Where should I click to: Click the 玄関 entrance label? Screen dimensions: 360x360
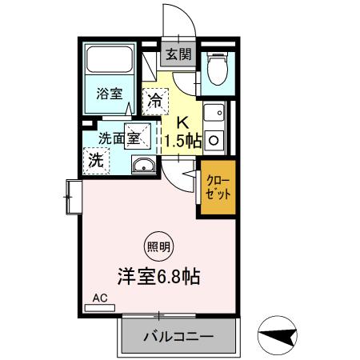178,55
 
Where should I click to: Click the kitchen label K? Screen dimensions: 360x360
182,122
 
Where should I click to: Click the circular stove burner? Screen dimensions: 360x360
214,139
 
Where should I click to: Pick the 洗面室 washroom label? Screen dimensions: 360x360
118,137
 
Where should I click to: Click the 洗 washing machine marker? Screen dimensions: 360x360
95,158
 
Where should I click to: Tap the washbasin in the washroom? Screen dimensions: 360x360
145,165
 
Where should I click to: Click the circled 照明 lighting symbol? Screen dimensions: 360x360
158,246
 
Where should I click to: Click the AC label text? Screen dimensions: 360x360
100,298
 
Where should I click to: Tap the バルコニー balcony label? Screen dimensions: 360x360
177,337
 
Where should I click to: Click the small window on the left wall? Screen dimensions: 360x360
72,196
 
